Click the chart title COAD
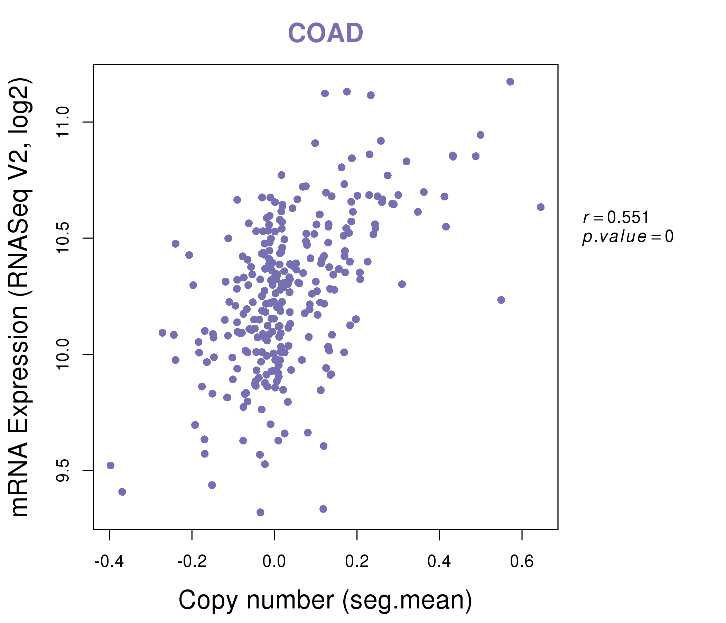[325, 33]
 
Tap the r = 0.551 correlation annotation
[616, 217]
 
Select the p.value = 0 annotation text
[627, 237]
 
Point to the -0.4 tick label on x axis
[109, 562]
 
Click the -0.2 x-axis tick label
[192, 562]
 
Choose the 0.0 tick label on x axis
[274, 562]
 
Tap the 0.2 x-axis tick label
[357, 562]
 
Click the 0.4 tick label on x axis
[439, 562]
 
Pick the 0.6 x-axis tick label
[522, 562]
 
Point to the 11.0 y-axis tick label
[63, 122]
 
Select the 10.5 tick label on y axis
[63, 238]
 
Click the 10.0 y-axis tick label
[63, 354]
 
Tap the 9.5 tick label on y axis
[63, 470]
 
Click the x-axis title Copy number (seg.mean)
[325, 600]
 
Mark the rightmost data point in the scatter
[541, 207]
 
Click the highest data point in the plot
[510, 82]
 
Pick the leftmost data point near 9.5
[111, 466]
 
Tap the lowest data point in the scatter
[260, 513]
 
